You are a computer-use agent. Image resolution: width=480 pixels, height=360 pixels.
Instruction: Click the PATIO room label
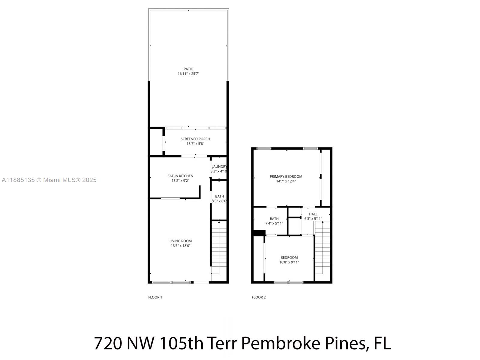[x=188, y=69]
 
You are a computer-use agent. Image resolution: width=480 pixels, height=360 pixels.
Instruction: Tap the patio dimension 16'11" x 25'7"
[x=188, y=74]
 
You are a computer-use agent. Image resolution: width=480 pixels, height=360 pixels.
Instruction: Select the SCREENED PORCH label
[x=195, y=139]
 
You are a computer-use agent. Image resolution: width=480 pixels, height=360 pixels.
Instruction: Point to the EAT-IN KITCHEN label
[x=180, y=176]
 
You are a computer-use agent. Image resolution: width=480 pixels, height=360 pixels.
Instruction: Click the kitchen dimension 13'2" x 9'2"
[x=180, y=181]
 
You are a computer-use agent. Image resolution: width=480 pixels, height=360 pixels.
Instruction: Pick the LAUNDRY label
[x=219, y=167]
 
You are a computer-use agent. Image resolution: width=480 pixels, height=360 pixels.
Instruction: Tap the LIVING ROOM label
[x=180, y=241]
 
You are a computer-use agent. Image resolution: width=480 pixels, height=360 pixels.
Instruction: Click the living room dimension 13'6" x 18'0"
[x=180, y=246]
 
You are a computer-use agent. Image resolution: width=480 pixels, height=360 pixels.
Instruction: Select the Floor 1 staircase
[x=219, y=247]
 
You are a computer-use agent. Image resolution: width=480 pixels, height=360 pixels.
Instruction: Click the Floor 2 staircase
[x=322, y=247]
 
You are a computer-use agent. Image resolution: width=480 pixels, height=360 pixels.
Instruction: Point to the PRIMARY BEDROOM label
[x=286, y=177]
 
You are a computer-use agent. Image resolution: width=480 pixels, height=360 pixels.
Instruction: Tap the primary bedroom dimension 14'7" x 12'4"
[x=286, y=181]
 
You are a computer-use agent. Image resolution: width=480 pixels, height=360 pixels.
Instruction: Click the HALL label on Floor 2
[x=313, y=214]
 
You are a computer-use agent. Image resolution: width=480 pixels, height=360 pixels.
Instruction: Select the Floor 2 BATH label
[x=274, y=219]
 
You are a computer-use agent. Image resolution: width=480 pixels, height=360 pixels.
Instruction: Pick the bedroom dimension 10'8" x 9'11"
[x=289, y=262]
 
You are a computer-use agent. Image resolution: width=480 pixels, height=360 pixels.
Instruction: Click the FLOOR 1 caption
[x=155, y=297]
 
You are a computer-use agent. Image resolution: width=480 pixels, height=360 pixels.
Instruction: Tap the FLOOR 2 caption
[x=259, y=297]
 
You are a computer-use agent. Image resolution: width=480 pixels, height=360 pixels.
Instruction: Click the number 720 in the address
[x=108, y=343]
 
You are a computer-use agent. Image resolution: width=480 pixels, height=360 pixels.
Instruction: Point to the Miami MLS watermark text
[x=49, y=180]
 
